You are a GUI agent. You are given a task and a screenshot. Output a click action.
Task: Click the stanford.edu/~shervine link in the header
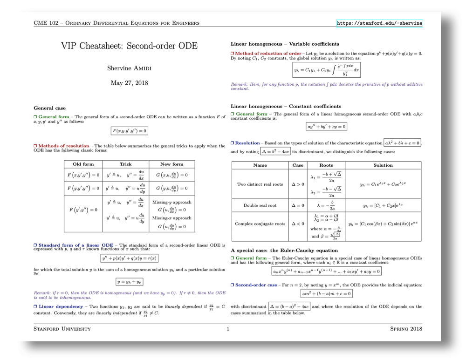pos(379,23)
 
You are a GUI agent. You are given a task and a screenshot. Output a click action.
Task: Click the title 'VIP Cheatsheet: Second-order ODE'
pos(129,46)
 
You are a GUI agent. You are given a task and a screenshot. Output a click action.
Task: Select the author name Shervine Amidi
pos(129,68)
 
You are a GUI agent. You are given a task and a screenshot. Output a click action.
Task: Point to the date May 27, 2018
pos(129,83)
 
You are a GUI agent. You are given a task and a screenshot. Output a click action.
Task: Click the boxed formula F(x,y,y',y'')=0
pos(129,131)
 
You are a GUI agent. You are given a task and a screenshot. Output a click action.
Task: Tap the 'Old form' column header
pos(83,164)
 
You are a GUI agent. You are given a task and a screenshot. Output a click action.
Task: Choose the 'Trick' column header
pos(125,164)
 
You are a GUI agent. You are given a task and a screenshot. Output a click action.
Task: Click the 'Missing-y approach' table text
pos(171,202)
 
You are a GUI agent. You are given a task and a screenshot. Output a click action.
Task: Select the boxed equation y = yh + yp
pos(130,281)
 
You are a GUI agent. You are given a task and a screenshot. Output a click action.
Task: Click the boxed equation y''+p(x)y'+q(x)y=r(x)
pos(129,258)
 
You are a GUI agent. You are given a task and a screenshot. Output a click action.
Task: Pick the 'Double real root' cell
pos(260,205)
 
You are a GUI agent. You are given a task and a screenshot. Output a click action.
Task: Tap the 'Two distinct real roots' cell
pos(260,184)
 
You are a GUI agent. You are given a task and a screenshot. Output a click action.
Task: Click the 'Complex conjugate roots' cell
pos(260,224)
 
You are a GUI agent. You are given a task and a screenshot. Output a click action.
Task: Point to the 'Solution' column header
pos(383,165)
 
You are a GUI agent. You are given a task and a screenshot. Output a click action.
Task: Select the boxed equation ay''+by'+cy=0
pos(326,126)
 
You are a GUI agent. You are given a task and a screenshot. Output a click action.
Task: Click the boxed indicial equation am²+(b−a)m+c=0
pos(326,293)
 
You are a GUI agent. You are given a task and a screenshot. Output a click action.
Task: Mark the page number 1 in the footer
pos(228,329)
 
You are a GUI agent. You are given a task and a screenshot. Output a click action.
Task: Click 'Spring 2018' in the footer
pos(406,329)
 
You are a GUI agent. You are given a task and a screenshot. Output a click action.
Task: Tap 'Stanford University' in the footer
pos(62,329)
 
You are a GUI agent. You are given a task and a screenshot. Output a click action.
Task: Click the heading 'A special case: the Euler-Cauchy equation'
pos(284,251)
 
